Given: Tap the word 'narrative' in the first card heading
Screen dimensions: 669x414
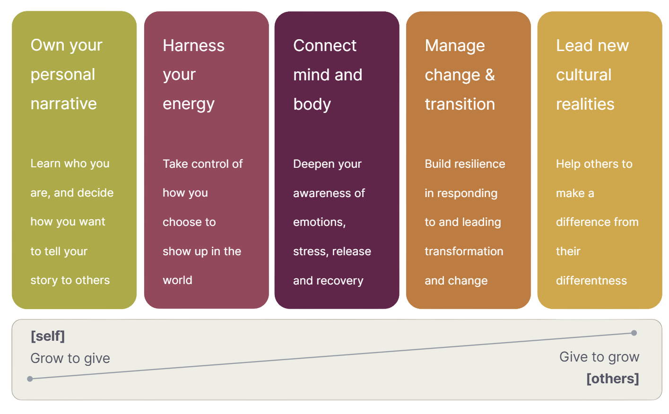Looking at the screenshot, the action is coord(64,103).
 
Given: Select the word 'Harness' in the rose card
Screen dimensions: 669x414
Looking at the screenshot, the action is coord(193,45).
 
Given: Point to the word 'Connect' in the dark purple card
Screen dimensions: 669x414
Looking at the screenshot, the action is coord(325,45).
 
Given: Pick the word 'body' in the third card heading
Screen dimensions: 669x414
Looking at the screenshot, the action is coord(312,104).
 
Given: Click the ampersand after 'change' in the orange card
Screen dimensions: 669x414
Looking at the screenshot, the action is coord(490,75).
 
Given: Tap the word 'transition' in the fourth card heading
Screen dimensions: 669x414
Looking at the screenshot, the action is coord(460,104).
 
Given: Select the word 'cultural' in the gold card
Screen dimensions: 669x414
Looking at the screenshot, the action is coord(583,75).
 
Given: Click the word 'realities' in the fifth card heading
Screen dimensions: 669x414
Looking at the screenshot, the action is coord(585,104).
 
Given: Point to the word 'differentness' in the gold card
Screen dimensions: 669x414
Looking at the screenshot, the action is coord(591,280).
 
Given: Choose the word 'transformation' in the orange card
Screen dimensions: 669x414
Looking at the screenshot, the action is coord(464,251).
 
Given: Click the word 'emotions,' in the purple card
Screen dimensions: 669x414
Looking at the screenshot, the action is coord(319,222).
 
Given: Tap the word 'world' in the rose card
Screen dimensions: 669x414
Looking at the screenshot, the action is coord(177,280).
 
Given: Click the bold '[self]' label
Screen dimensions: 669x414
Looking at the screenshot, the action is coord(48,336).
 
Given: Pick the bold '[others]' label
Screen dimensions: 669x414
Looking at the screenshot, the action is coord(613,379).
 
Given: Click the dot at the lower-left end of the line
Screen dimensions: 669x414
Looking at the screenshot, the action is coord(30,379).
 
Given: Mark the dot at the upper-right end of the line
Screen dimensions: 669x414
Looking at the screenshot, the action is coord(634,333).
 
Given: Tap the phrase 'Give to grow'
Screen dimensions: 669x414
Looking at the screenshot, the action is coord(599,357).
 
